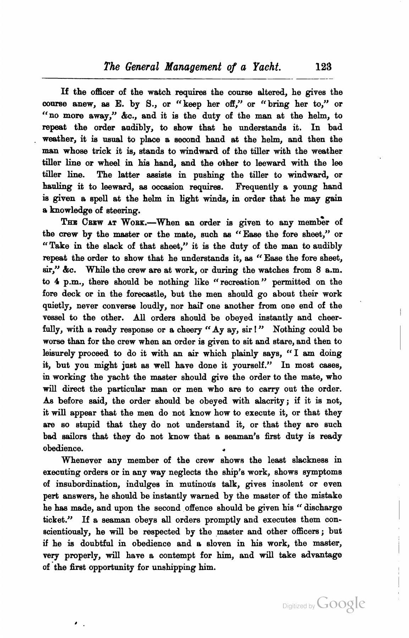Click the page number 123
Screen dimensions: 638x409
323,67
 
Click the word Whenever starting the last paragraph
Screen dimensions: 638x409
82,460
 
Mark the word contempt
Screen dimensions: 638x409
177,555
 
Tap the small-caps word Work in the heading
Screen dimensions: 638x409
132,223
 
